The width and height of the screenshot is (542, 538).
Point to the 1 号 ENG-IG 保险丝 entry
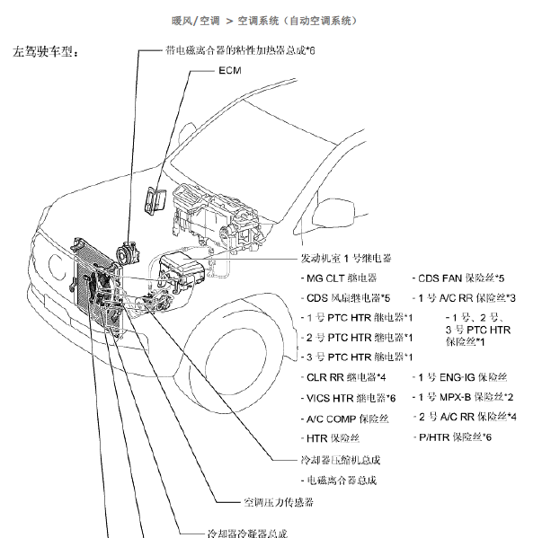coord(458,377)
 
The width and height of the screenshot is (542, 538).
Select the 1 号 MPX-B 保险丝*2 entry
coord(462,397)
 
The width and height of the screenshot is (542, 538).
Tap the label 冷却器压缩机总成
coord(337,460)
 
